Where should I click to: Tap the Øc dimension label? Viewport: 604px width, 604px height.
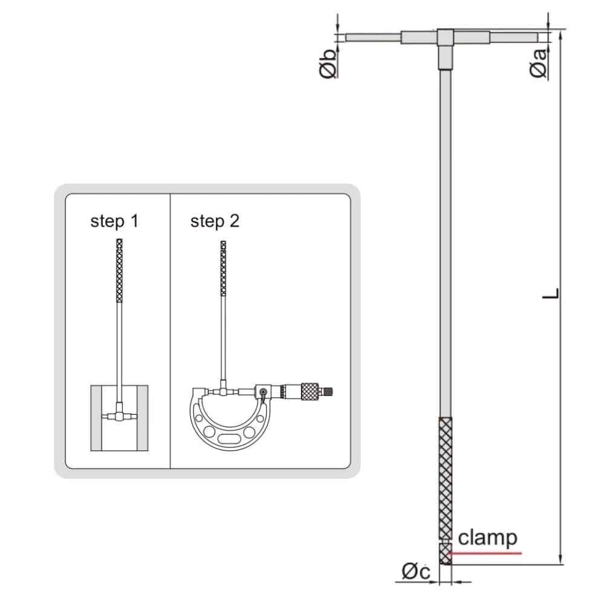[415, 571]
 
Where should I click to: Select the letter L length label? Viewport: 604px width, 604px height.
[550, 294]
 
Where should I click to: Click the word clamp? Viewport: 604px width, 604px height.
[487, 537]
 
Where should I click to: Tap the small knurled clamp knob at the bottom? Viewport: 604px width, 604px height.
[445, 554]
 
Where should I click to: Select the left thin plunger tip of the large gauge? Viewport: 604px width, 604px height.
[372, 37]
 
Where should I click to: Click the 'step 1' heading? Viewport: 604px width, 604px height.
[114, 221]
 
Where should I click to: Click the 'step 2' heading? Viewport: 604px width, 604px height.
[215, 221]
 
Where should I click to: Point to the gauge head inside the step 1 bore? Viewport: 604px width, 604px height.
[119, 416]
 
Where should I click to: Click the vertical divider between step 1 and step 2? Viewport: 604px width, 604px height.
[170, 330]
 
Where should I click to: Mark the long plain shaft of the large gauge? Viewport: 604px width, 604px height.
[445, 242]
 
